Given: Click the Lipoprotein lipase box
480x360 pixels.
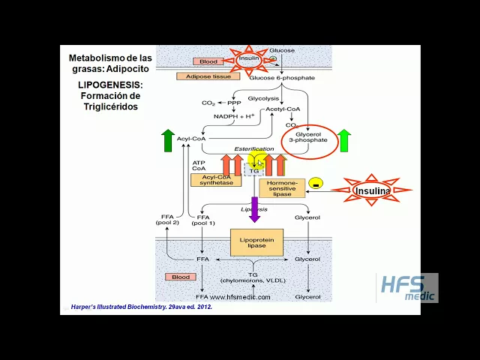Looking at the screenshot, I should click(x=256, y=242).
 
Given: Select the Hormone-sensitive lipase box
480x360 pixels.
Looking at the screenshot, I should click(x=282, y=187).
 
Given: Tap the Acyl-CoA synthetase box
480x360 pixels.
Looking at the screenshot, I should click(x=217, y=181).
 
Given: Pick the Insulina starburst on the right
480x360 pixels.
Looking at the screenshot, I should click(x=372, y=190).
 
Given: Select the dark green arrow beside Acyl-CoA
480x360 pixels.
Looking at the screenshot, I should click(x=168, y=140).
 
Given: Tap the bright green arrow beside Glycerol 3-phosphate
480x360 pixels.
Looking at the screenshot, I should click(x=344, y=140).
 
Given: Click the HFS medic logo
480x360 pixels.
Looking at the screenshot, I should click(x=406, y=287).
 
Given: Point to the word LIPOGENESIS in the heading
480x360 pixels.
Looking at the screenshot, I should click(x=109, y=85).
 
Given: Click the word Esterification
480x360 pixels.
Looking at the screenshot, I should click(x=254, y=149).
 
